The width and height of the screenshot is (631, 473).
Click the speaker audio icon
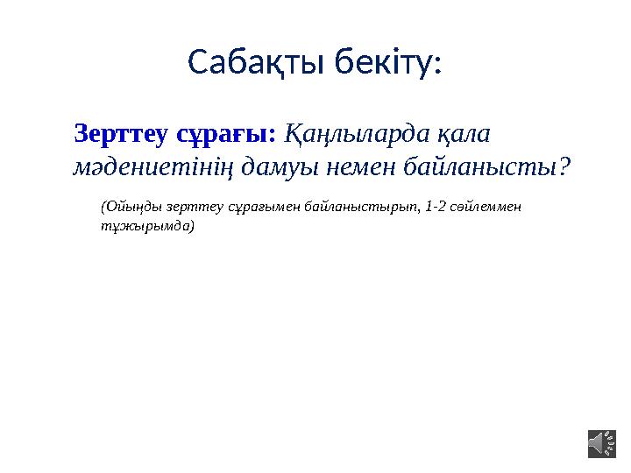click(x=601, y=442)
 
